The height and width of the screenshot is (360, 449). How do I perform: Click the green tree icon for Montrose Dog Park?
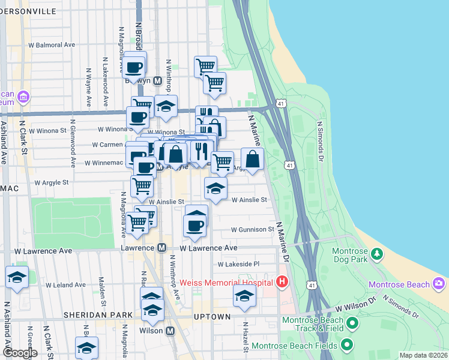(x=377, y=254)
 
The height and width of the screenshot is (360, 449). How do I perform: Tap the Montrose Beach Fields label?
(x=294, y=346)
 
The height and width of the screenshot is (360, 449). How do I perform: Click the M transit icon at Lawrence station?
(x=161, y=247)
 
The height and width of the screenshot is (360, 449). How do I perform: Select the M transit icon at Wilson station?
(x=170, y=331)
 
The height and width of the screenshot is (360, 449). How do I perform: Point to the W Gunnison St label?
(x=252, y=230)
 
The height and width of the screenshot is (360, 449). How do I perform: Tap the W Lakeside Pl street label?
(x=238, y=263)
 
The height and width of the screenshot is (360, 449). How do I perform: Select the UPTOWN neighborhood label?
(x=212, y=316)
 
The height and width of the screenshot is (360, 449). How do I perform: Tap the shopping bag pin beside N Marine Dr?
(x=253, y=160)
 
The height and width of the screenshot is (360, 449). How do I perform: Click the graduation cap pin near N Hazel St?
(x=244, y=296)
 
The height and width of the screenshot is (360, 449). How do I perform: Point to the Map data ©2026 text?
(x=423, y=355)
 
